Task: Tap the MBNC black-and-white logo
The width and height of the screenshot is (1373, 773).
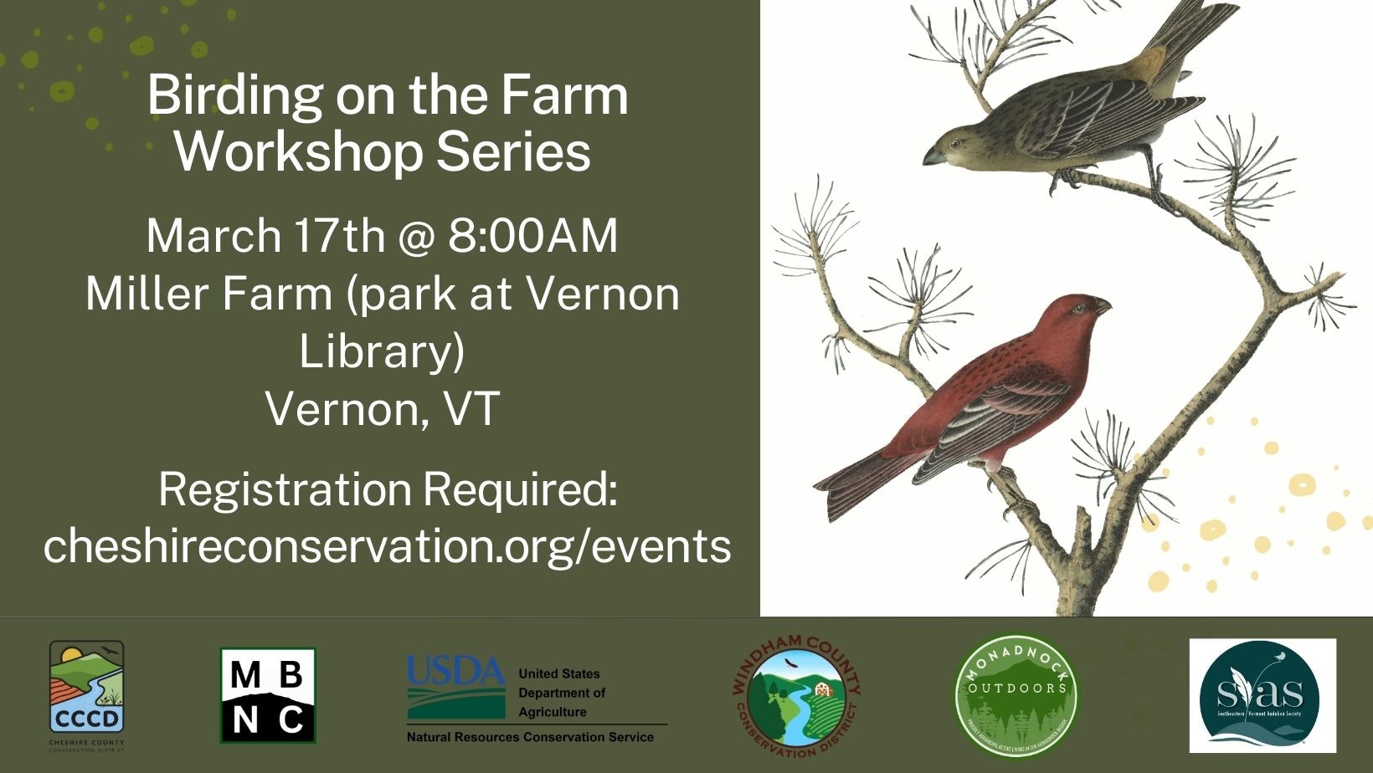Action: [x=268, y=695]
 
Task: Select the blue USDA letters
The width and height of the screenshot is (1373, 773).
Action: [x=456, y=670]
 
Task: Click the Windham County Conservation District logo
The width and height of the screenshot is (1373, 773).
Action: [x=796, y=696]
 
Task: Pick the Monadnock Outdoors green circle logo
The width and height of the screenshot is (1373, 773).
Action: [x=1017, y=695]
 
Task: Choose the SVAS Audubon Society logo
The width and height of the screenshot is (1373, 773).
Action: [x=1262, y=696]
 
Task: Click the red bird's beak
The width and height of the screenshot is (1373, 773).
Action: [x=1103, y=307]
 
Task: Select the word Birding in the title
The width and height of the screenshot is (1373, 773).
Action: [x=235, y=96]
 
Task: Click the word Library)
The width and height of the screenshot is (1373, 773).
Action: [x=382, y=351]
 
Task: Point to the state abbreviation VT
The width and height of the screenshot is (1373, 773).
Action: [x=472, y=409]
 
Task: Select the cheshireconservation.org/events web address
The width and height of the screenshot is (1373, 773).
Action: [x=387, y=545]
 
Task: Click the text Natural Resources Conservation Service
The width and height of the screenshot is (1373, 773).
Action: [x=530, y=737]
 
